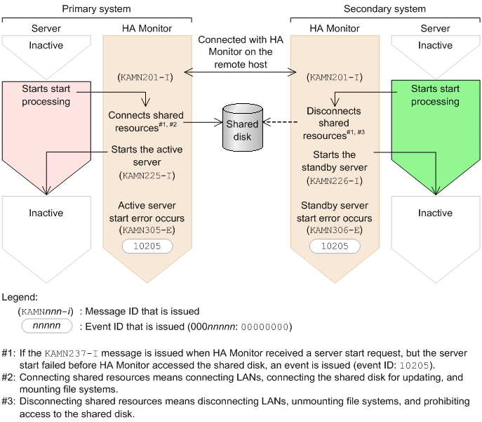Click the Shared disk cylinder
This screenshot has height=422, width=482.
point(243,127)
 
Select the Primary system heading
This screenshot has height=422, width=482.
point(96,8)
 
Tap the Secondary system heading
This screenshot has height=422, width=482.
point(384,8)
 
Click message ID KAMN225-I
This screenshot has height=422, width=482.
point(147,176)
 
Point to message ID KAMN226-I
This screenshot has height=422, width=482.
point(335,180)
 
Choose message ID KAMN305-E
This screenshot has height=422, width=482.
point(147,230)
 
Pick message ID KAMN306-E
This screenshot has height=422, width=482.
point(335,230)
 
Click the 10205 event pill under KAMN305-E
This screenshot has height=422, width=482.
point(147,246)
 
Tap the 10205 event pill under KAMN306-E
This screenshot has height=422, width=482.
point(335,246)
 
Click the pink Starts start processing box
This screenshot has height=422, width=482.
point(46,129)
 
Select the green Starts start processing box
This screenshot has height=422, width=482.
point(436,129)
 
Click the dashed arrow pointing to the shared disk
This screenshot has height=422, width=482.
point(280,122)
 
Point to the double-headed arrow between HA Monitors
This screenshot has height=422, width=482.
point(240,72)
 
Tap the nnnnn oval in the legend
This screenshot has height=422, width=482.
point(47,326)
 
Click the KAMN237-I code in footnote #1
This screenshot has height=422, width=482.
point(72,353)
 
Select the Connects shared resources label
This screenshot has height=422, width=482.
point(146,121)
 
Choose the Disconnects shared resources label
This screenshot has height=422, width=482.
point(334,123)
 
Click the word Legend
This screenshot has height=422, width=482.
point(20,297)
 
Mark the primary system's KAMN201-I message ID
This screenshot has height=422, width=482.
point(145,77)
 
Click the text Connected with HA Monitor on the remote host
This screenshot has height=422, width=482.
point(241,52)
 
